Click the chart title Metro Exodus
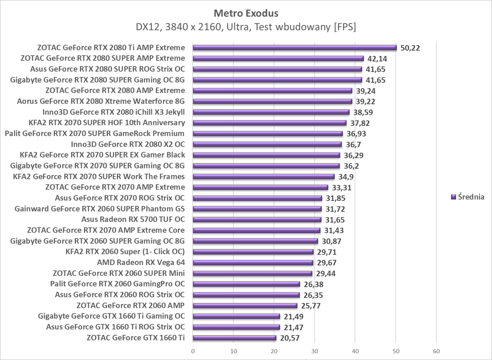point(246,13)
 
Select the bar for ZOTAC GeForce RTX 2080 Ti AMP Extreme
point(294,48)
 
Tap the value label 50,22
point(410,48)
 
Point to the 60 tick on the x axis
point(436,351)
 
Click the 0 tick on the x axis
point(193,351)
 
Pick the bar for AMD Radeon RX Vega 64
point(253,263)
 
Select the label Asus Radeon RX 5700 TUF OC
point(133,219)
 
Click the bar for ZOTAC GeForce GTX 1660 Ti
point(234,338)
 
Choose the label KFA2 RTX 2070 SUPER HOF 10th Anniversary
point(107,123)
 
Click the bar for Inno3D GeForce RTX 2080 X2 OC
point(267,144)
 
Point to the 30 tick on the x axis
point(315,351)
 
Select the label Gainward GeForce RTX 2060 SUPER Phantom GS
point(99,209)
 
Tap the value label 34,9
point(346,176)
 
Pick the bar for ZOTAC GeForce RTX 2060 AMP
point(245,306)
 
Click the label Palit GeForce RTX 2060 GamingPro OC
point(117,284)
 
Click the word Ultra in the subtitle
point(238,27)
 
